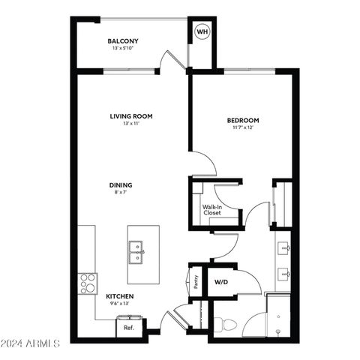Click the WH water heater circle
202,32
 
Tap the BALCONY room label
122,41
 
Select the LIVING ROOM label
131,116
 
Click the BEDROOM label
243,121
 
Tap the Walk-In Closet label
211,210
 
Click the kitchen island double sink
136,249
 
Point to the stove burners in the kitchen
88,284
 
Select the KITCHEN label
119,296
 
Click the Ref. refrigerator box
129,327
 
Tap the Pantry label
196,282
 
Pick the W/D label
221,283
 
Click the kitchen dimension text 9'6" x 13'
119,304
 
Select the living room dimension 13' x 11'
131,124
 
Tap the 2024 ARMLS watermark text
31,344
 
